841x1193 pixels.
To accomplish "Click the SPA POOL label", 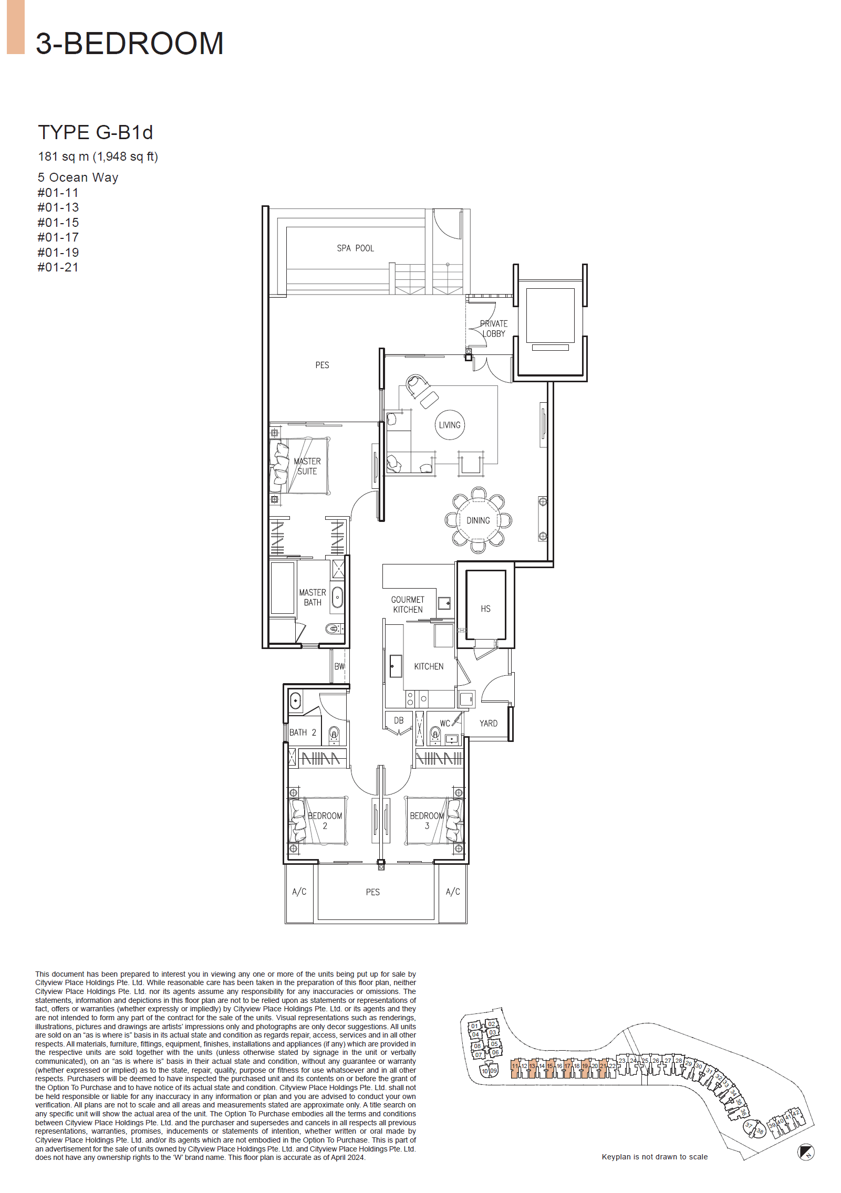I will point(355,248).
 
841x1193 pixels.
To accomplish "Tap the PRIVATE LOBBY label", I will point(493,328).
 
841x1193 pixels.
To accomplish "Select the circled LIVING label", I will point(450,425).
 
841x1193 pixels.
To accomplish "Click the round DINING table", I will point(478,520).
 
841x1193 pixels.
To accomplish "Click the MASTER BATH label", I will point(312,597).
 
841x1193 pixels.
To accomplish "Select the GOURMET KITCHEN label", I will point(408,604).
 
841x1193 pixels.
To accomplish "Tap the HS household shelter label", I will point(485,609).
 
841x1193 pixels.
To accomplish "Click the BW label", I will point(339,666).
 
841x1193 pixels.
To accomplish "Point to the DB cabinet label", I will point(399,720).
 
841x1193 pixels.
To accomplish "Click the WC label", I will point(444,723).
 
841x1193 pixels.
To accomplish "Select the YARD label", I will point(488,723).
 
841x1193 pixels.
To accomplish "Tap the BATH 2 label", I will point(303,732).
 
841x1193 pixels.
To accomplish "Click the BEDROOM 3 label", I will point(427,820).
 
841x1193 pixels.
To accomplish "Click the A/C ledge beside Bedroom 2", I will point(299,892).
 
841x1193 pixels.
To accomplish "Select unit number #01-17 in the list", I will point(58,237).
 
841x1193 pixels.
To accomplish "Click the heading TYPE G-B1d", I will point(95,132).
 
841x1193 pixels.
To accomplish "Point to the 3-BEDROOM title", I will point(129,43).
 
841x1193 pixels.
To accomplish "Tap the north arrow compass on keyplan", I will point(805,1152).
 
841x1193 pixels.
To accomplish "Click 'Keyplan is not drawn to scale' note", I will point(654,1157).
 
